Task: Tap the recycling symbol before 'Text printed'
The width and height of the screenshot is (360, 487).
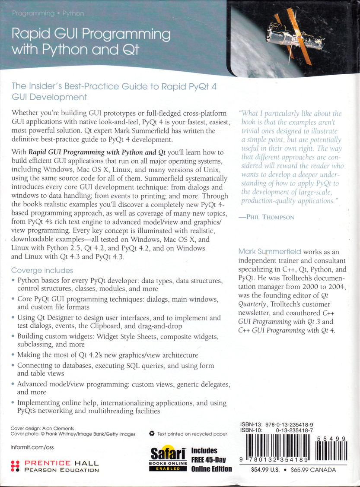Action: click(152, 434)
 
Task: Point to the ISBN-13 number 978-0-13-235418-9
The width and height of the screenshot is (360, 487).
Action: click(290, 425)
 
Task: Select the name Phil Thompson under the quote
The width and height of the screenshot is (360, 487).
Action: click(268, 217)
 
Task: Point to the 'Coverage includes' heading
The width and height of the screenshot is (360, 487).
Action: click(42, 271)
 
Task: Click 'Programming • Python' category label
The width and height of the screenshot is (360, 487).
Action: click(48, 13)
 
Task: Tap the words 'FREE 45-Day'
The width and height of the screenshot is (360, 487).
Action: click(211, 460)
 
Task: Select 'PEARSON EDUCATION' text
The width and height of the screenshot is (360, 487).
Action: click(62, 470)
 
